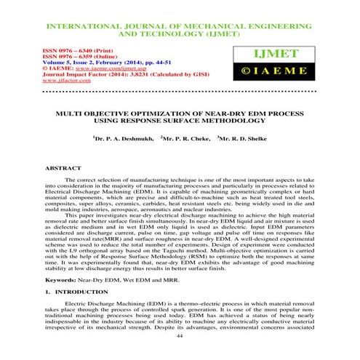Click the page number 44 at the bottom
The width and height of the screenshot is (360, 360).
180,337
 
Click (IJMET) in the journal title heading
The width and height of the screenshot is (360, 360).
229,33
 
